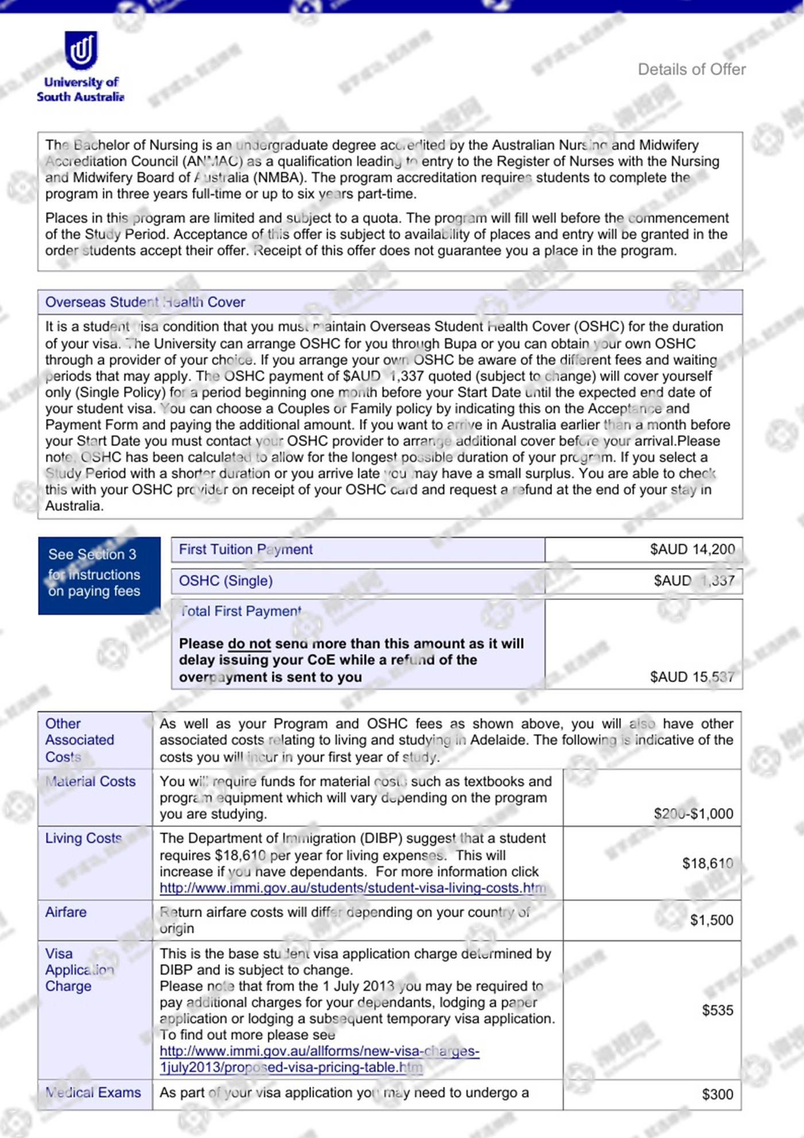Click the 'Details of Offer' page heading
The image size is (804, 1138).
(691, 70)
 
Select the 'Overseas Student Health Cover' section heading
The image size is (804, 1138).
(145, 302)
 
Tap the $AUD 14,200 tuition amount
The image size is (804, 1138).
(692, 549)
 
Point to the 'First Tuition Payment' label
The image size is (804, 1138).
(246, 549)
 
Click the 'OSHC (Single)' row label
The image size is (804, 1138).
(226, 580)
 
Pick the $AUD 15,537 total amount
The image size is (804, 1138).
(692, 677)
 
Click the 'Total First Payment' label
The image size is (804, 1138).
(241, 612)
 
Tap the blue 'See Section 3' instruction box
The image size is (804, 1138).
(99, 575)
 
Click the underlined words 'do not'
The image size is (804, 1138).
(249, 644)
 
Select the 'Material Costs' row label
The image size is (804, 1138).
(91, 782)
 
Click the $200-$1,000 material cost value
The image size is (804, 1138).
(693, 814)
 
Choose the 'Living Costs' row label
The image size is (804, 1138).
(84, 839)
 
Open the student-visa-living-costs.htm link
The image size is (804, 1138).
(353, 888)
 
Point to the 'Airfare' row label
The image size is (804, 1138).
(66, 912)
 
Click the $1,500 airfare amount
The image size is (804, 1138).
(712, 920)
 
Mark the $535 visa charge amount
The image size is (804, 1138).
(717, 1010)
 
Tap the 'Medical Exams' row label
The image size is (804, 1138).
(93, 1093)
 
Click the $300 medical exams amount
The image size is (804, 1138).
(717, 1094)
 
